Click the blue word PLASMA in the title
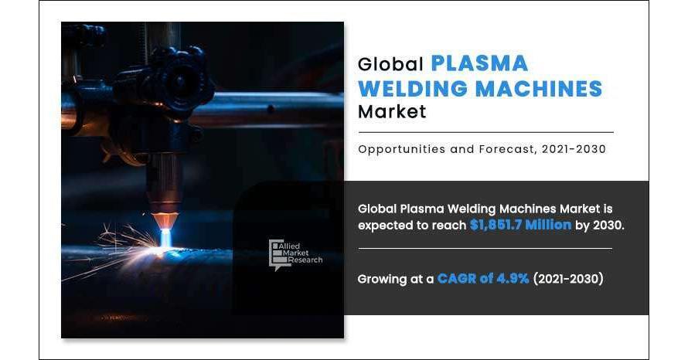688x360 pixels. pyautogui.click(x=479, y=63)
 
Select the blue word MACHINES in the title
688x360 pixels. pyautogui.click(x=539, y=89)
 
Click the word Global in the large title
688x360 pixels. pyautogui.click(x=390, y=64)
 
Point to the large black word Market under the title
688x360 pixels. pyautogui.click(x=392, y=111)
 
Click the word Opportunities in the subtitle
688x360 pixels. pyautogui.click(x=401, y=150)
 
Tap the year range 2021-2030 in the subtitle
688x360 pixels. pyautogui.click(x=574, y=149)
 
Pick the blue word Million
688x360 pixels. pyautogui.click(x=549, y=225)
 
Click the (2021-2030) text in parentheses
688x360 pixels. pyautogui.click(x=568, y=278)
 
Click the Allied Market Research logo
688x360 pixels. pyautogui.click(x=295, y=255)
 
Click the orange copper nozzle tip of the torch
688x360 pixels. pyautogui.click(x=165, y=220)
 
